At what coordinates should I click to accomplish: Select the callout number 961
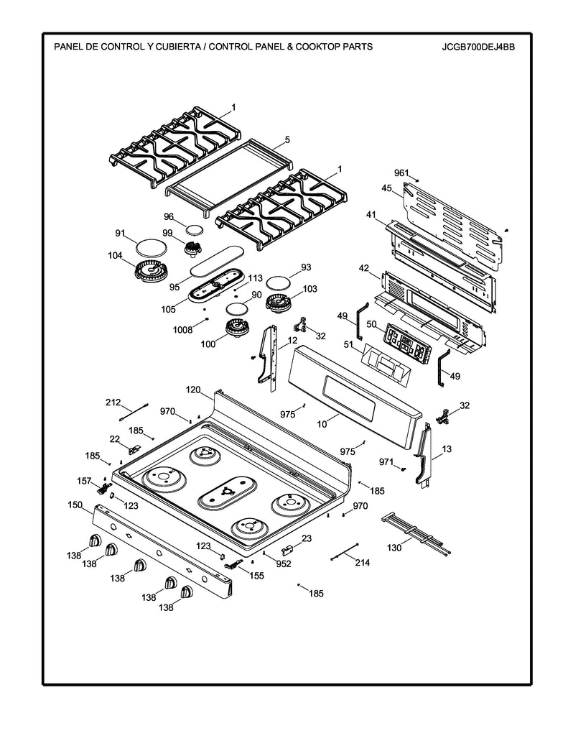click(x=401, y=173)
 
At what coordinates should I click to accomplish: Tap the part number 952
click(x=283, y=563)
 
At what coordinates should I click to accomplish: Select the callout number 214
click(x=362, y=563)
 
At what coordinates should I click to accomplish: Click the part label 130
click(x=394, y=548)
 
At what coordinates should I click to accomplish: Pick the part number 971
click(x=386, y=462)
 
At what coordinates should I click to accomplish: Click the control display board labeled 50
click(x=406, y=342)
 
